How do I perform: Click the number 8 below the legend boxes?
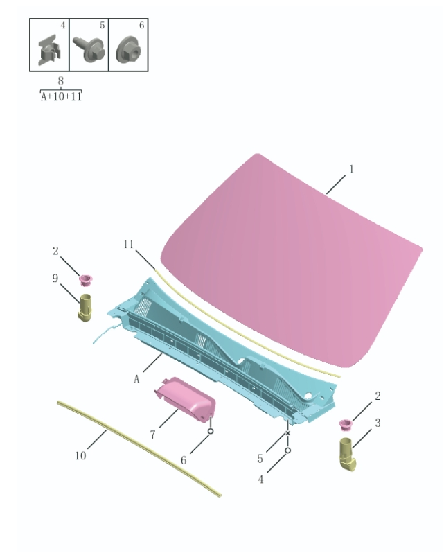tap(61, 80)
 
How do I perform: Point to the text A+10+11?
tap(61, 97)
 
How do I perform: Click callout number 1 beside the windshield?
tap(351, 168)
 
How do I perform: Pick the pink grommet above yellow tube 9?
tap(86, 280)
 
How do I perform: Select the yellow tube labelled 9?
tap(86, 307)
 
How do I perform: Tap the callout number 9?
tap(55, 279)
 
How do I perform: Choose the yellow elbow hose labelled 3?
tap(348, 454)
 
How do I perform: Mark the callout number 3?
tap(378, 422)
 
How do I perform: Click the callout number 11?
tap(128, 244)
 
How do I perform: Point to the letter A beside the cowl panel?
tap(136, 379)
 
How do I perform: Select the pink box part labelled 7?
tap(185, 400)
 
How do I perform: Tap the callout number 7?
tap(152, 434)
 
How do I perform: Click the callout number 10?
tap(81, 455)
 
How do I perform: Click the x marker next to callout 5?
tap(287, 433)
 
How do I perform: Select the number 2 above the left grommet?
tap(56, 251)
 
